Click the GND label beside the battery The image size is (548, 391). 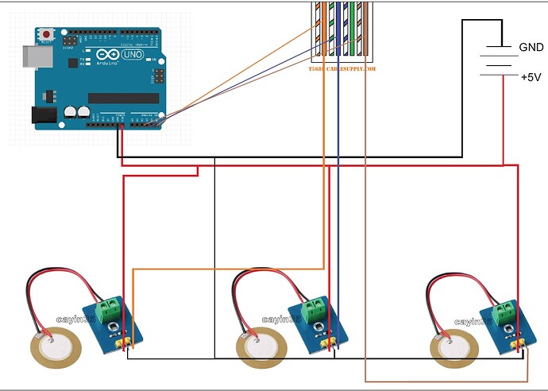click(x=531, y=48)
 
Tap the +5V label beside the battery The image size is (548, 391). click(x=531, y=77)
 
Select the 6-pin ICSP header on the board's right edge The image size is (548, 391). click(x=158, y=75)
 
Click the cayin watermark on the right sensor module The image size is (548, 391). click(x=474, y=321)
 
